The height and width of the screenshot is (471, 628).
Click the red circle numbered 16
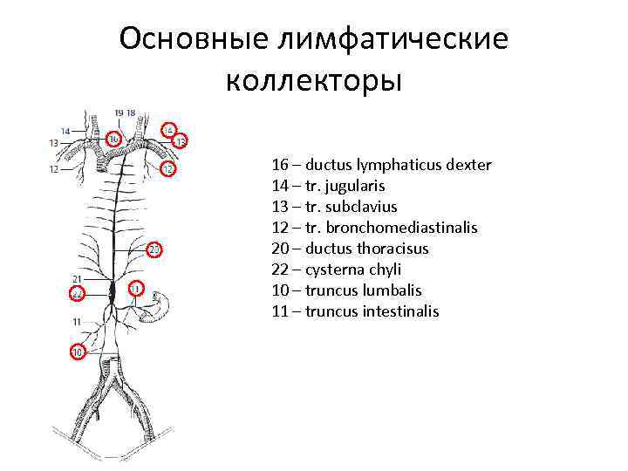point(114,140)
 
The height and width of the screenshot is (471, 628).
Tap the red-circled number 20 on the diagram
point(154,251)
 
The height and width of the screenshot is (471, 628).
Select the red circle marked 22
point(78,294)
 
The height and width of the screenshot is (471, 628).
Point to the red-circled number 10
point(78,352)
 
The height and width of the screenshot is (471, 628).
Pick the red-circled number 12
point(167,167)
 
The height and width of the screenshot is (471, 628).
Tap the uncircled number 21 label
point(78,278)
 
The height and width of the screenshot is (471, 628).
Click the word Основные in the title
point(195,39)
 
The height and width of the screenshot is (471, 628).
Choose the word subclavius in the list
point(361,207)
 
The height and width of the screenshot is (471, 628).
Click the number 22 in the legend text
point(280,270)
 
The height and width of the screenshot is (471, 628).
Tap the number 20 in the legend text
point(280,249)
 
